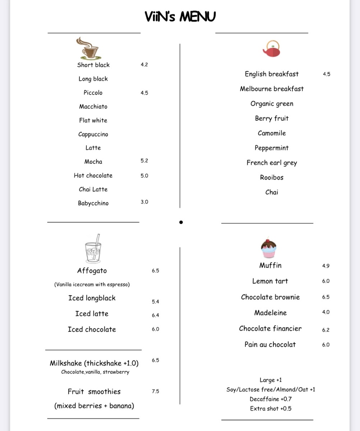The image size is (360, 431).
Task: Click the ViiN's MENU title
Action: click(x=180, y=17)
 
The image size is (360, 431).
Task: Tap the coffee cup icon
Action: click(x=88, y=48)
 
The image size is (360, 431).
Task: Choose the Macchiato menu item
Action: click(x=93, y=106)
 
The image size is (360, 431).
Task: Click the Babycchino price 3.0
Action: click(x=144, y=202)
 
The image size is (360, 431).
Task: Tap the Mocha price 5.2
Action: click(x=144, y=161)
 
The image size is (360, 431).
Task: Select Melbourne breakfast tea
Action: click(x=272, y=89)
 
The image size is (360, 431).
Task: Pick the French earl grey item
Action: click(x=272, y=163)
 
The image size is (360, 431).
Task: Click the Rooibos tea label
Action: click(x=272, y=177)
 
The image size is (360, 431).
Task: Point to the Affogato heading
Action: click(x=92, y=271)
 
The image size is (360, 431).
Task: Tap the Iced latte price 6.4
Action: click(x=155, y=315)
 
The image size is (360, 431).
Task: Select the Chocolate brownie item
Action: click(x=270, y=297)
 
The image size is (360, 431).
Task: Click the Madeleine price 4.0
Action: click(x=326, y=312)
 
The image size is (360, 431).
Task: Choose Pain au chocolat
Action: click(x=270, y=344)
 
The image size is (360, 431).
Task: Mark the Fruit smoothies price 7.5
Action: click(x=155, y=391)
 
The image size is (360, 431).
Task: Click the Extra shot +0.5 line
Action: click(x=271, y=408)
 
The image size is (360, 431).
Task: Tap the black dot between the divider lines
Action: click(x=181, y=222)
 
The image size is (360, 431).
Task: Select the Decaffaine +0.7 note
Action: click(x=271, y=399)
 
